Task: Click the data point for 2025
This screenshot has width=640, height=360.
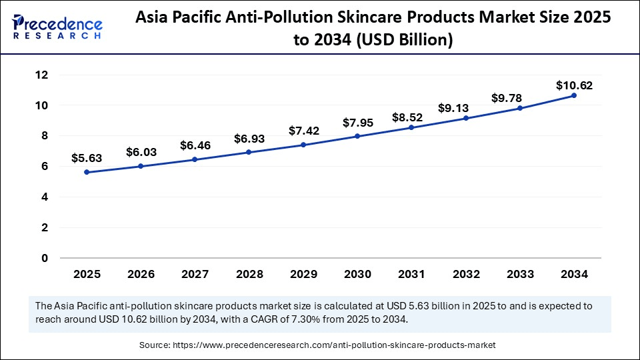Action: (87, 172)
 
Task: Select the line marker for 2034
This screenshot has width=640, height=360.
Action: (573, 95)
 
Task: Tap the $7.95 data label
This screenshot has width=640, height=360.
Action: (357, 123)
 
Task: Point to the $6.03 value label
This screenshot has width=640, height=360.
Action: (140, 153)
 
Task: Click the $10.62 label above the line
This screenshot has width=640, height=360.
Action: (573, 85)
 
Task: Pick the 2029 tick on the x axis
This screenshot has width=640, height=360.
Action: (303, 274)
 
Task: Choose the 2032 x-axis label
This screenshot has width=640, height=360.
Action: (465, 274)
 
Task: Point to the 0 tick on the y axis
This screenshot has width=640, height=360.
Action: (45, 258)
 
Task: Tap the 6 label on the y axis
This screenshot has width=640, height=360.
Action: (45, 167)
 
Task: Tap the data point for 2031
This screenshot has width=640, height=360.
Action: (411, 127)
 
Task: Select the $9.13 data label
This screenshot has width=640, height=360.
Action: (453, 108)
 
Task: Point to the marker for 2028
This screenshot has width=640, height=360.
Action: (249, 152)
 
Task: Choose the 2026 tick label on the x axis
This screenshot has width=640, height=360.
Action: (141, 274)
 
